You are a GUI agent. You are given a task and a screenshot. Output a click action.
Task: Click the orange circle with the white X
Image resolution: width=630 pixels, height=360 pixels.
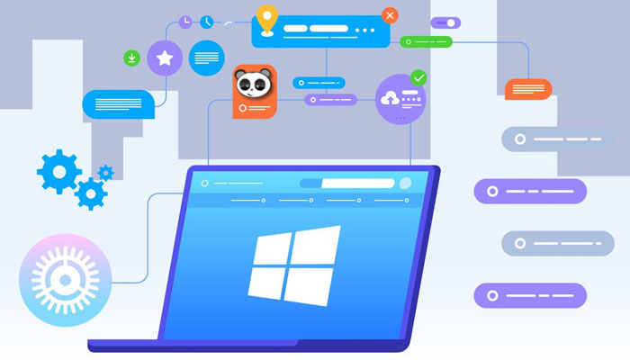pyautogui.click(x=390, y=15)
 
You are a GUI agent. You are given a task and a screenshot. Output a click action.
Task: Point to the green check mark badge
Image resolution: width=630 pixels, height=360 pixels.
pyautogui.click(x=418, y=77)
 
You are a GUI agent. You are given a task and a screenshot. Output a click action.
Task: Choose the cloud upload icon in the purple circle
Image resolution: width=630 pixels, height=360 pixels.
pyautogui.click(x=392, y=98)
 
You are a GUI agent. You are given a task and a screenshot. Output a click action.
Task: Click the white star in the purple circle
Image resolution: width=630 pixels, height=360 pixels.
pyautogui.click(x=165, y=58)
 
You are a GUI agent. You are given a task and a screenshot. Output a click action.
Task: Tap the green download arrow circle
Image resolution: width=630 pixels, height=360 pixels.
pyautogui.click(x=132, y=58)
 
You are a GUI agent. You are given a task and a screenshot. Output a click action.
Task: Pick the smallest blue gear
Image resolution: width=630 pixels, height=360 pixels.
pyautogui.click(x=106, y=171)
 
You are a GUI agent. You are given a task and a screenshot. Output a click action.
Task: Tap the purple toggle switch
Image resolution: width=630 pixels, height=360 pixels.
pyautogui.click(x=445, y=22)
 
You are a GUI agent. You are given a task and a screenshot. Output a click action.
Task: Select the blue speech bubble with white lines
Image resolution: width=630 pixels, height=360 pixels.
pyautogui.click(x=118, y=103)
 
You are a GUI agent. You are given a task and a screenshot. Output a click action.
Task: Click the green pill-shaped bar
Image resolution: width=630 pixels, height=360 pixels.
pyautogui.click(x=426, y=41)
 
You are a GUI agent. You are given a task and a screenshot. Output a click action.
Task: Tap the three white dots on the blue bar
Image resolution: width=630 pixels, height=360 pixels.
pyautogui.click(x=364, y=30)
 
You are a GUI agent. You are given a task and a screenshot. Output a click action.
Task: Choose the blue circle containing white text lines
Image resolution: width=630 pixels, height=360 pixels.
pyautogui.click(x=207, y=58)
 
